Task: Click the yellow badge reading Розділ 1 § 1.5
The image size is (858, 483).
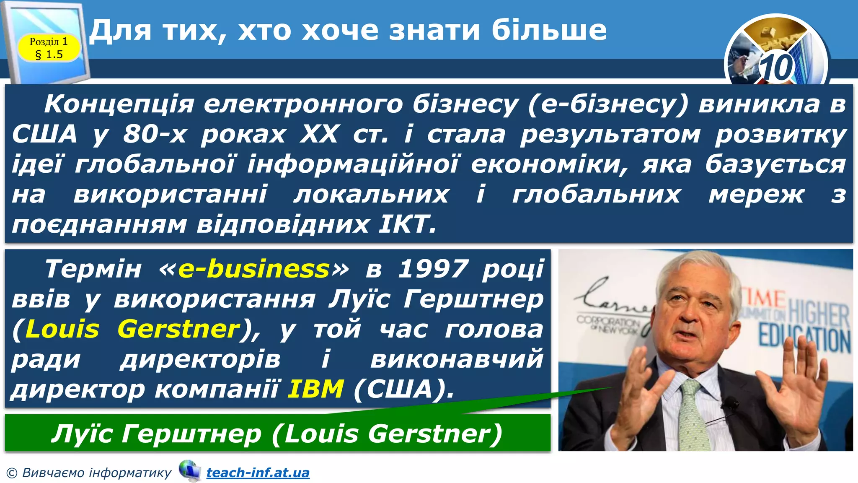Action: [x=49, y=48]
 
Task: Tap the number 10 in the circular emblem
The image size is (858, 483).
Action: [x=776, y=68]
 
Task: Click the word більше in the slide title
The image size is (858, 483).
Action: [x=549, y=30]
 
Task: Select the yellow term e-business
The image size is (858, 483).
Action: [x=254, y=269]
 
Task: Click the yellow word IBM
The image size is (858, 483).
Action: [x=316, y=389]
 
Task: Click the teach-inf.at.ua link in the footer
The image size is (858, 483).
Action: [x=258, y=473]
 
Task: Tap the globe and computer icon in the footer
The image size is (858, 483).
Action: [x=189, y=471]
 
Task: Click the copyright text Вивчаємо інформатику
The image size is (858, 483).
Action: [x=96, y=473]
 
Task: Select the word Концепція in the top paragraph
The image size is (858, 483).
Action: [x=119, y=104]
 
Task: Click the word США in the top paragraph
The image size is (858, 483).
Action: [x=44, y=134]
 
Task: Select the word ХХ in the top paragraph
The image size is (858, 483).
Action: [x=319, y=134]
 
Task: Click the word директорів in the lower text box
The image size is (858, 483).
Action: [x=200, y=359]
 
